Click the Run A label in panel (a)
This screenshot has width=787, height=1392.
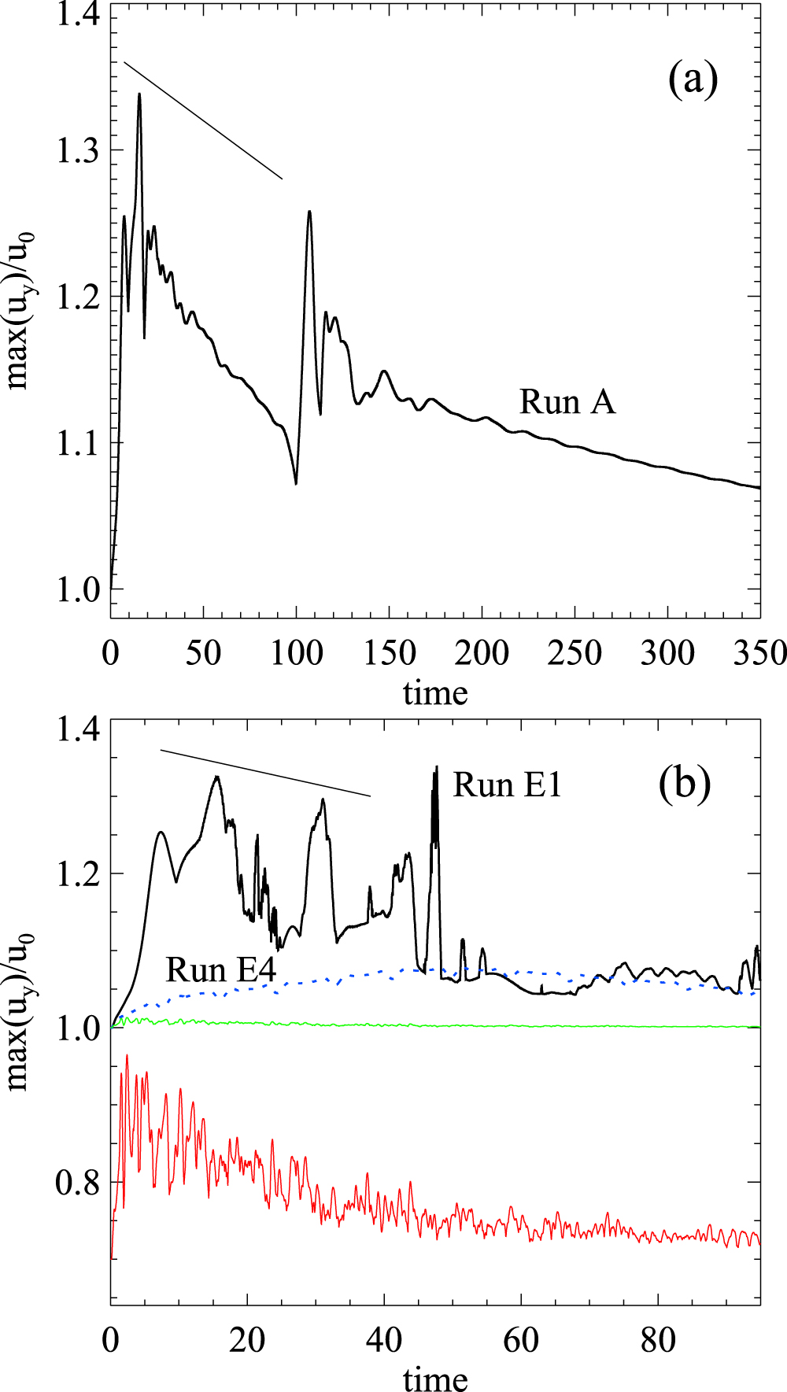(x=567, y=402)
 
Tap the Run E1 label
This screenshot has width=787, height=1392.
(x=507, y=785)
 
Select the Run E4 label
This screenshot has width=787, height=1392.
(x=220, y=970)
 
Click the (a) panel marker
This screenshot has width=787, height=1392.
(x=693, y=79)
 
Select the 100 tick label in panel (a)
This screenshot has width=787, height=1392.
(x=296, y=653)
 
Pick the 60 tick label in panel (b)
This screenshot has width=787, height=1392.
(x=521, y=1340)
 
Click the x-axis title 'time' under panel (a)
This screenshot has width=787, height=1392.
(x=435, y=693)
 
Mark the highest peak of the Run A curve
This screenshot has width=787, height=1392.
(x=139, y=94)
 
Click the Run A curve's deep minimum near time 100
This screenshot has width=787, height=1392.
(x=296, y=483)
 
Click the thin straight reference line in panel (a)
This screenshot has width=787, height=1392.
(x=203, y=120)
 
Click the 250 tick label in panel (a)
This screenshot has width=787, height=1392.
(x=575, y=653)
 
